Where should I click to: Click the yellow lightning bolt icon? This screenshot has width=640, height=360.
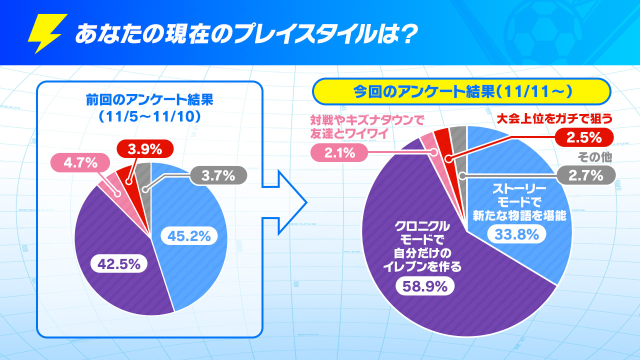click(x=47, y=33)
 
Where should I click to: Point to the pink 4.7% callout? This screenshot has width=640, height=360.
click(x=80, y=163)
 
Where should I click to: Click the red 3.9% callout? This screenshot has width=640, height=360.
click(x=145, y=148)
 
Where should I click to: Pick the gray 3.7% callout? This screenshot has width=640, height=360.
click(x=218, y=175)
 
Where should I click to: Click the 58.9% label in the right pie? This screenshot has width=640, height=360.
click(x=425, y=287)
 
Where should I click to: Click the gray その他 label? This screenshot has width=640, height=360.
click(x=594, y=157)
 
